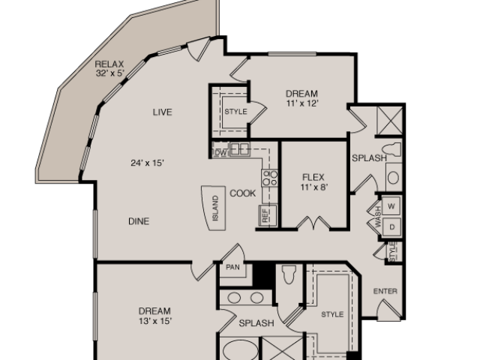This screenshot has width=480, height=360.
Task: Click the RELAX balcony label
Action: pyautogui.click(x=109, y=64)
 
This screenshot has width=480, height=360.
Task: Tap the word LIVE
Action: pyautogui.click(x=162, y=112)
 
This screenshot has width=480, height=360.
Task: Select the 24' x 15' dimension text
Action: pyautogui.click(x=148, y=163)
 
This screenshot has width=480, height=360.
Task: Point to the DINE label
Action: pyautogui.click(x=139, y=221)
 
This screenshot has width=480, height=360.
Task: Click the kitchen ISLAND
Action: pyautogui.click(x=214, y=208)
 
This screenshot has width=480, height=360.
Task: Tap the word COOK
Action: pyautogui.click(x=243, y=193)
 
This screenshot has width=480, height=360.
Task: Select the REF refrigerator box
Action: pyautogui.click(x=268, y=215)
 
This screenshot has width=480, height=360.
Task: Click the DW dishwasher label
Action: pyautogui.click(x=220, y=153)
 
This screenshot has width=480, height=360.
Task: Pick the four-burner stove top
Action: pyautogui.click(x=270, y=178)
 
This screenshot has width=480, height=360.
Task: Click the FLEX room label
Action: pyautogui.click(x=313, y=177)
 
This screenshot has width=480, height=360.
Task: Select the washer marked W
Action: pyautogui.click(x=391, y=206)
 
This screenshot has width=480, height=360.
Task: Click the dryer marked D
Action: pyautogui.click(x=391, y=226)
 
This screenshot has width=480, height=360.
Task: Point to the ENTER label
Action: pyautogui.click(x=385, y=291)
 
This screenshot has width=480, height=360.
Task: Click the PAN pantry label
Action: pyautogui.click(x=232, y=267)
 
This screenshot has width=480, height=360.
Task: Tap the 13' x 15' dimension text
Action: pyautogui.click(x=154, y=321)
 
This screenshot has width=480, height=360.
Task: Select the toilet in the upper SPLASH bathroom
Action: pyautogui.click(x=391, y=150)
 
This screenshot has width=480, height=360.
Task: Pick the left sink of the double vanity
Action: pyautogui.click(x=234, y=298)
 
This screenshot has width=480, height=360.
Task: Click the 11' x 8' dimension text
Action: pyautogui.click(x=314, y=187)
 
